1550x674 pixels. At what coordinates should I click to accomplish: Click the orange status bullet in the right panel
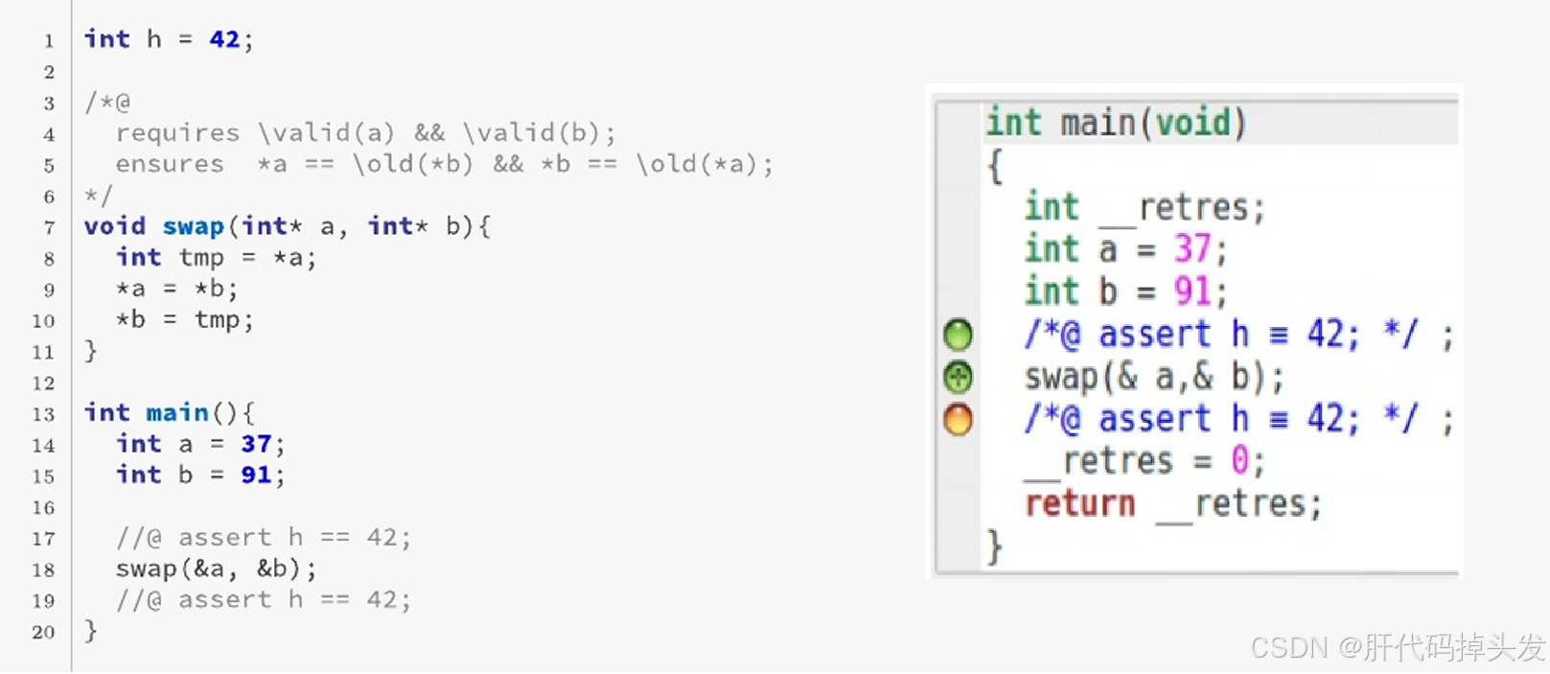[x=958, y=419]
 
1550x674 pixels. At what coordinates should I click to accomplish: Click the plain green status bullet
[x=958, y=335]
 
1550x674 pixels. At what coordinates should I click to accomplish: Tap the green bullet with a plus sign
[x=958, y=377]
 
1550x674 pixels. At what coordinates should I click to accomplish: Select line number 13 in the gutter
[x=43, y=414]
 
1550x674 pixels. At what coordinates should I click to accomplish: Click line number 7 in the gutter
[x=49, y=227]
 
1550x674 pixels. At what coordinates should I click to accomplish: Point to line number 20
[x=43, y=632]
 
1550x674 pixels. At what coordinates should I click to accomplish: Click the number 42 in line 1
[x=224, y=39]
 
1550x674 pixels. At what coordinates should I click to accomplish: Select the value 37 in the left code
[x=256, y=444]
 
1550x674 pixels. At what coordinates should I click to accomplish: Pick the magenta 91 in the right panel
[x=1192, y=291]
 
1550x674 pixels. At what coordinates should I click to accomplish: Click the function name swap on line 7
[x=193, y=226]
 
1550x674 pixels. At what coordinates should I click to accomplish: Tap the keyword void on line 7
[x=115, y=226]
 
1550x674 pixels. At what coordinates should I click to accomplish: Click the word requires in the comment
[x=177, y=133]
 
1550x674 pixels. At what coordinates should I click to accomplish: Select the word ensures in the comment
[x=170, y=164]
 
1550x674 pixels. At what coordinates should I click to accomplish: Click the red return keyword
[x=1079, y=503]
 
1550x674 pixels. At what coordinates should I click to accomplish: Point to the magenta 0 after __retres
[x=1239, y=461]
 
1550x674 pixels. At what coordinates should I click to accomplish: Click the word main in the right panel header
[x=1098, y=123]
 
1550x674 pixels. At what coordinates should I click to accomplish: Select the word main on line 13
[x=177, y=412]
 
